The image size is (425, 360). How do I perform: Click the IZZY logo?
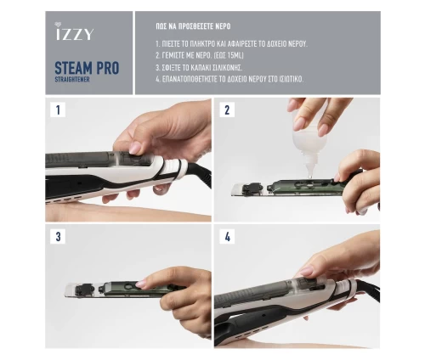click(x=73, y=31)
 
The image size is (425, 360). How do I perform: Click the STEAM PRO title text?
click(x=87, y=68)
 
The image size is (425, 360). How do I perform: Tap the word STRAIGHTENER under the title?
click(x=72, y=80)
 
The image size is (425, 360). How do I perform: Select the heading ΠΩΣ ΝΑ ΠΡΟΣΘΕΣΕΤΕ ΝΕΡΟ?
click(x=193, y=26)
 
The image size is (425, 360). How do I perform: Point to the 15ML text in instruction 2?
click(x=235, y=55)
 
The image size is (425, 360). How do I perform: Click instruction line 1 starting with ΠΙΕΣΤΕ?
click(x=231, y=44)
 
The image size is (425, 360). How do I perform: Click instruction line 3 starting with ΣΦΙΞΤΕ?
click(x=199, y=68)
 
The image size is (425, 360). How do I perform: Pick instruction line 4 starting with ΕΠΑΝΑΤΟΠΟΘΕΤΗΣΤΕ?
click(x=229, y=79)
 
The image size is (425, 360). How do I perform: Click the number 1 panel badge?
click(x=58, y=110)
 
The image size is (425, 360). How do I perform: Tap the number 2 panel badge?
click(x=227, y=110)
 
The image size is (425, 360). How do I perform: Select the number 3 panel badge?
click(x=58, y=236)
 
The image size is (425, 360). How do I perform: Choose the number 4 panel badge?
click(x=227, y=236)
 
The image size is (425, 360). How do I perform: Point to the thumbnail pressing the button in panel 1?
click(x=135, y=148)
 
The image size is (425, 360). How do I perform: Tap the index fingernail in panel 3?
click(x=141, y=284)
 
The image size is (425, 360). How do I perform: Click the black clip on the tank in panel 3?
click(x=84, y=290)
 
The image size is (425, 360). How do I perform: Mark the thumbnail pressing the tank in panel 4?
click(x=306, y=272)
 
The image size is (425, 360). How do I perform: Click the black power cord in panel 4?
click(x=367, y=291)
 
